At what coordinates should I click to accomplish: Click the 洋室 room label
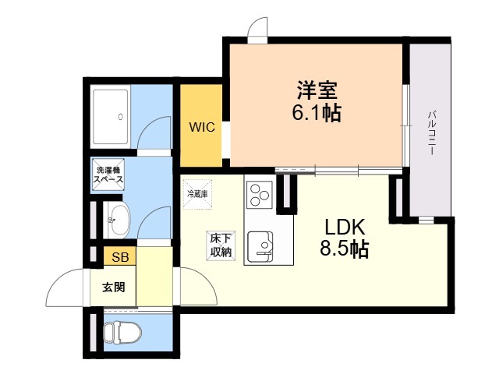[x=317, y=90]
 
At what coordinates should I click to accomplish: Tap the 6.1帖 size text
[x=317, y=112]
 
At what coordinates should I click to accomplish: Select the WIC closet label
[x=202, y=127]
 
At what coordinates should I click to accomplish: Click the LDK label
[x=345, y=228]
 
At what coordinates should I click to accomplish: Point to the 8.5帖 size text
[x=345, y=249]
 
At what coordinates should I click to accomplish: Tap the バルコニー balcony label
[x=431, y=132]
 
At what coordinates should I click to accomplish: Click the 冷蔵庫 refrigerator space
[x=197, y=194]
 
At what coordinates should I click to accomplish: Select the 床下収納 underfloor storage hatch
[x=221, y=245]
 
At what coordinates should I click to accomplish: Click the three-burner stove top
[x=260, y=195]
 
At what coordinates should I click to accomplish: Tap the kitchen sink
[x=260, y=246]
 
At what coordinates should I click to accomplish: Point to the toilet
[x=122, y=333]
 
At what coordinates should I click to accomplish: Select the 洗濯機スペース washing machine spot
[x=108, y=175]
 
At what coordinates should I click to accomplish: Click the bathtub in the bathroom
[x=111, y=116]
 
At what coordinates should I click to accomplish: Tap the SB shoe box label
[x=120, y=257]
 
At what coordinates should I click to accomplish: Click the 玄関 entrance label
[x=113, y=288]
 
